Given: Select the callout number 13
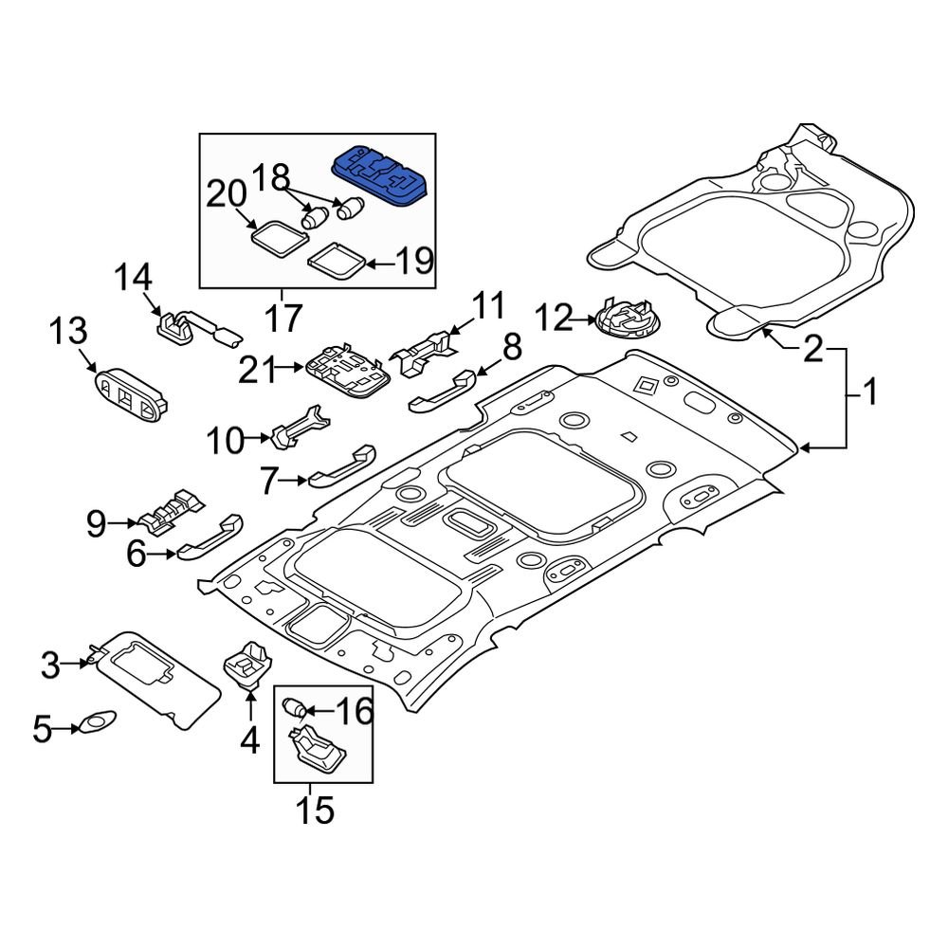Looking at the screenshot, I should [x=69, y=333].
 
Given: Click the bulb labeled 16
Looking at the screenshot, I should [x=295, y=708].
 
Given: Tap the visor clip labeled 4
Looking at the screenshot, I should [x=248, y=659].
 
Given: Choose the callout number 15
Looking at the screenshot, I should [x=315, y=811].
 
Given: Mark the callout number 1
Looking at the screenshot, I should [x=868, y=391].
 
